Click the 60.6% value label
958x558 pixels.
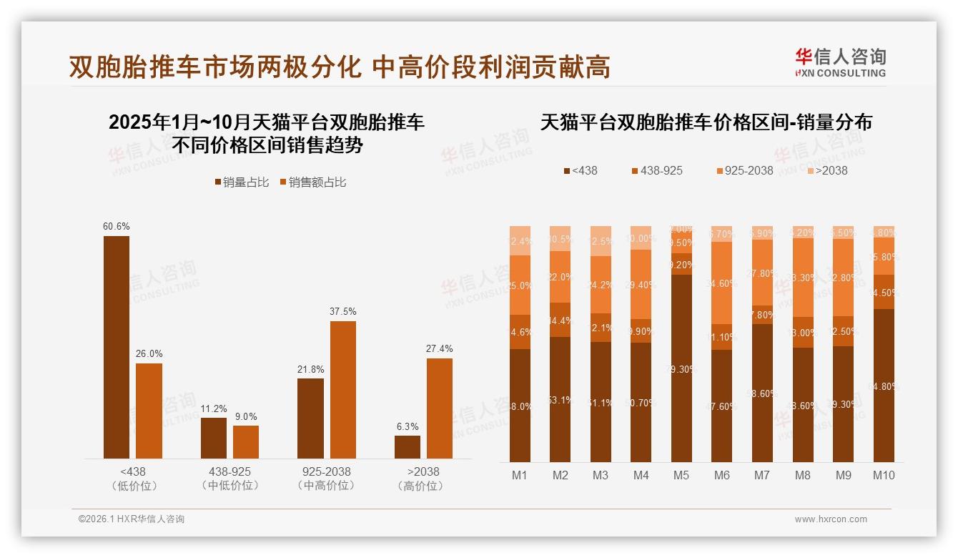[x=117, y=226]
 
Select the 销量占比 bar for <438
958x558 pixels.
[x=117, y=347]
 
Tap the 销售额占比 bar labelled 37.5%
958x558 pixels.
[x=342, y=390]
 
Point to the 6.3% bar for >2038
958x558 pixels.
[x=408, y=447]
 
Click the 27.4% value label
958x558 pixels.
[x=439, y=348]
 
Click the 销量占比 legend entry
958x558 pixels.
[x=242, y=182]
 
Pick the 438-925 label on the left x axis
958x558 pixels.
[x=229, y=472]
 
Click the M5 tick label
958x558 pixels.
[x=681, y=475]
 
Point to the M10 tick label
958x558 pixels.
[x=884, y=475]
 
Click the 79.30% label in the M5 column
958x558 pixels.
[x=681, y=369]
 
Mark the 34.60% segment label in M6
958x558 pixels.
[x=721, y=283]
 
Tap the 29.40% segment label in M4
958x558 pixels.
[x=641, y=285]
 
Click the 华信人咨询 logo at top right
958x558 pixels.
[x=840, y=62]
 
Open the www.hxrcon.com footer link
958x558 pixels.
[x=831, y=519]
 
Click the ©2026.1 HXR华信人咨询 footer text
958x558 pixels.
[x=131, y=519]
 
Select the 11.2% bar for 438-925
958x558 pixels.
[x=214, y=438]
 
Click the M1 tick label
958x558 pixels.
[x=520, y=475]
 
